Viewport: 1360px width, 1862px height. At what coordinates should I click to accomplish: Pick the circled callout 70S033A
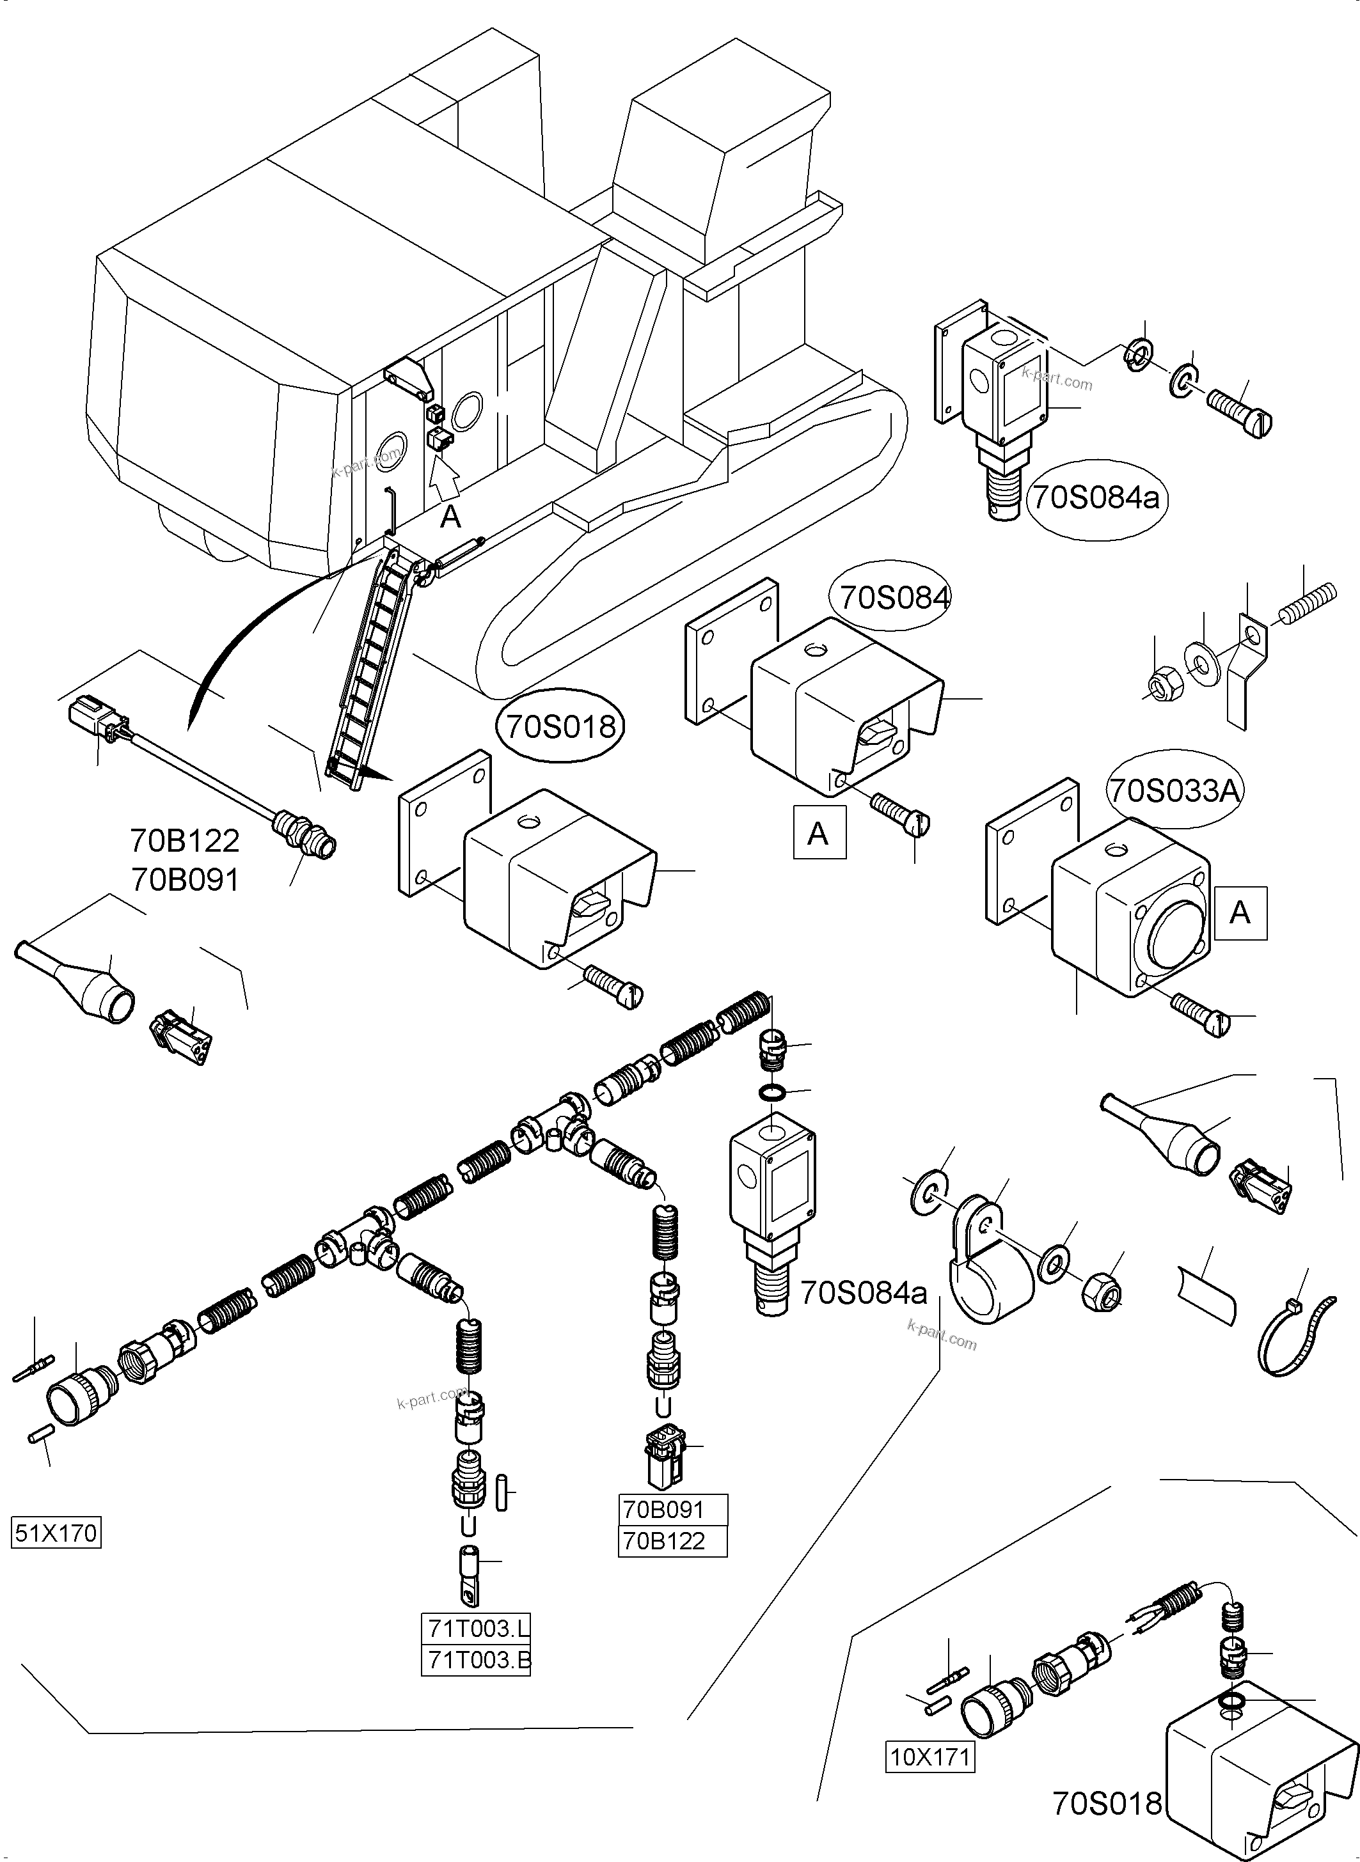pos(1173,791)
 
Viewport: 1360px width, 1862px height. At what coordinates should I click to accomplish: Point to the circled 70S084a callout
pos(1096,499)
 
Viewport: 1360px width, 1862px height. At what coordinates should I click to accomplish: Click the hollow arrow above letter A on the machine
pos(445,480)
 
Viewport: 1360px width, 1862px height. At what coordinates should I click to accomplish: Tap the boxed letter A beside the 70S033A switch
pos(1239,913)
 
